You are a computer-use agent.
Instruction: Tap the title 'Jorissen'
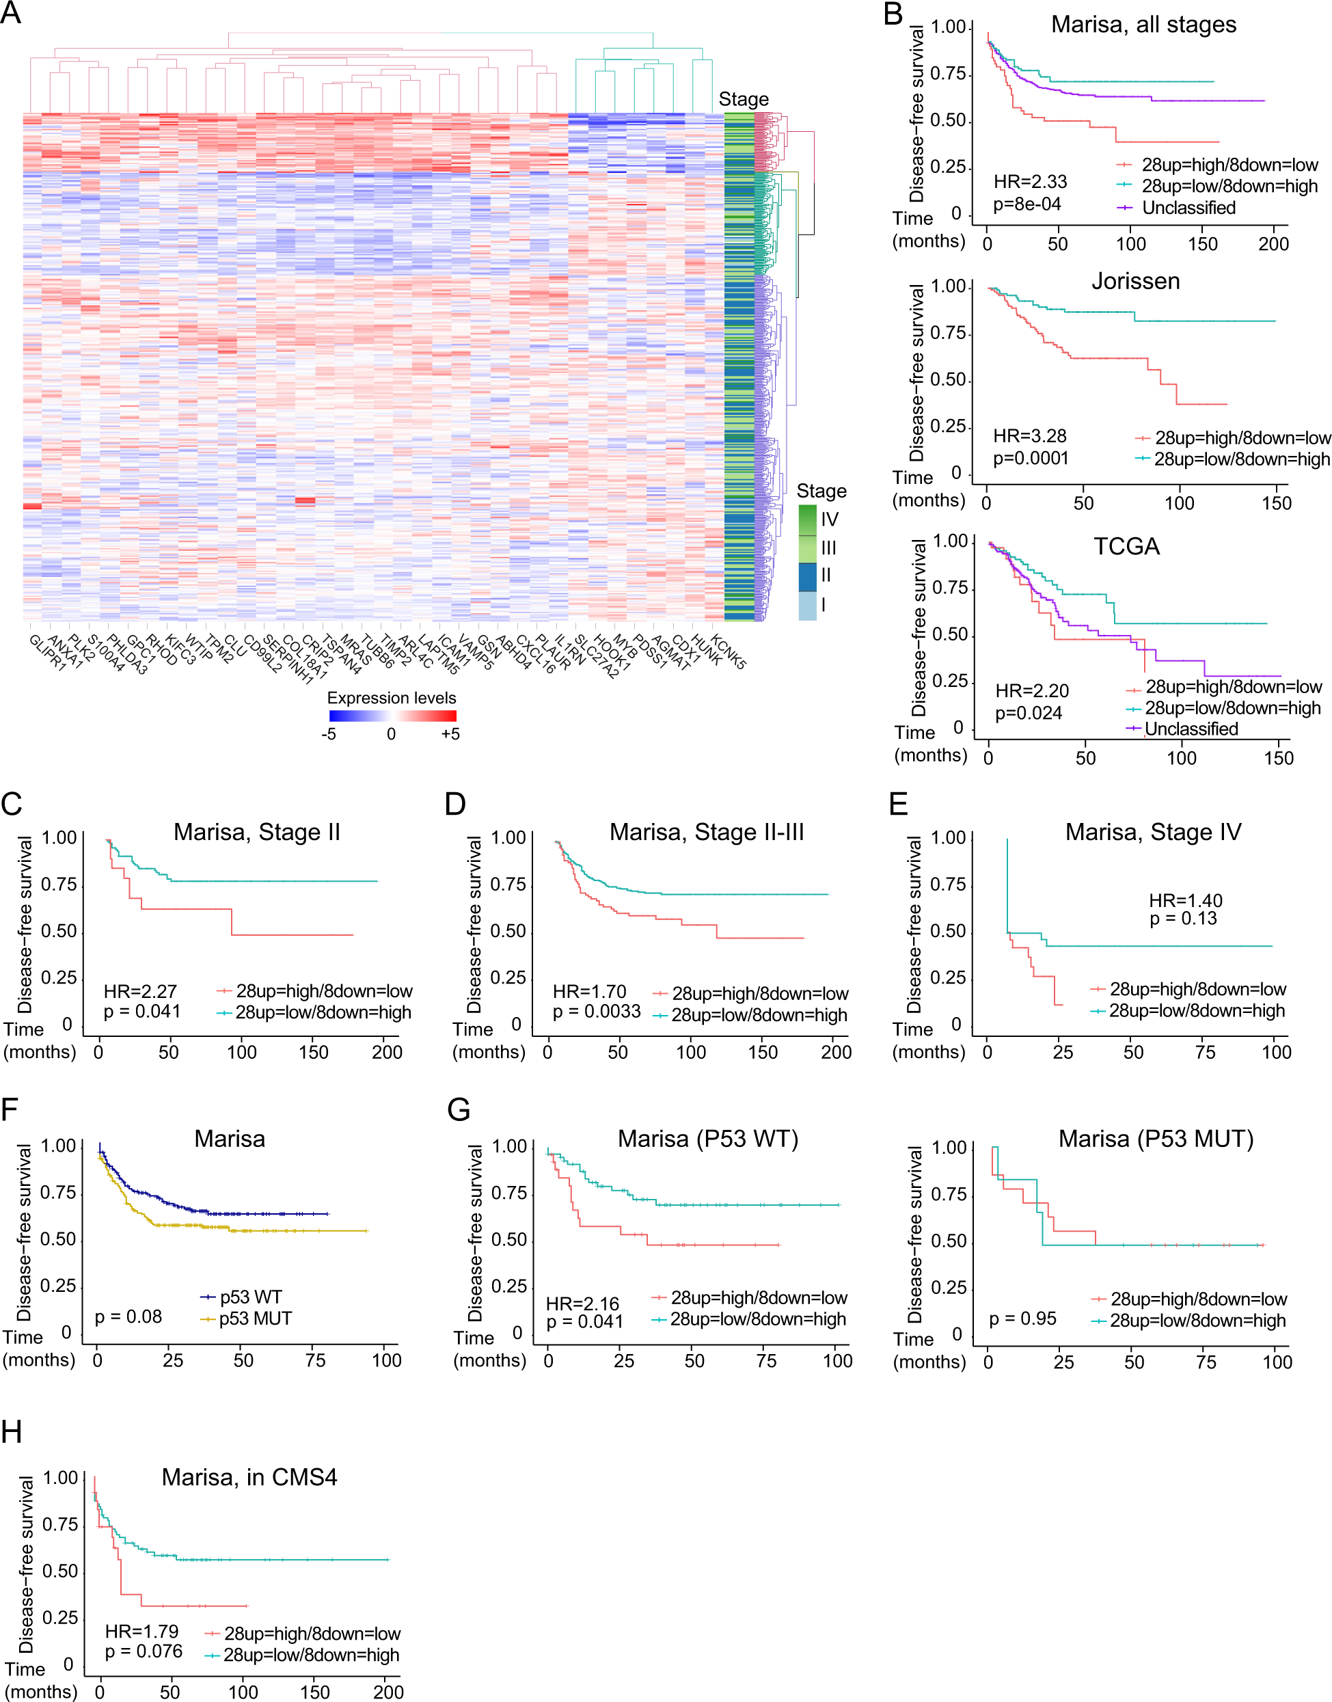[1134, 282]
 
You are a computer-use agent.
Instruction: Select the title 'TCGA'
[1126, 547]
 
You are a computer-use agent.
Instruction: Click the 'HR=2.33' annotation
[1030, 182]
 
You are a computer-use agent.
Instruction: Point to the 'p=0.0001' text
[1030, 458]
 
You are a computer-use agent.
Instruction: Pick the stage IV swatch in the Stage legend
[807, 519]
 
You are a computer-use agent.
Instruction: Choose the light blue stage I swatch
[807, 606]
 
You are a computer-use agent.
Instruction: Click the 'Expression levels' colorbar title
[392, 697]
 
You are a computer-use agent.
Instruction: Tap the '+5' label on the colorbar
[450, 734]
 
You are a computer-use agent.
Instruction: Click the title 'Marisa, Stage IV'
[1153, 833]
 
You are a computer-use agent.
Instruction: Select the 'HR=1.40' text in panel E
[1185, 900]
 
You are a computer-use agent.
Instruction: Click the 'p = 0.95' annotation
[1022, 1319]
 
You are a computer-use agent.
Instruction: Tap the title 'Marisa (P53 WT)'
[707, 1139]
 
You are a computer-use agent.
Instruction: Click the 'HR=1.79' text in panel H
[142, 1631]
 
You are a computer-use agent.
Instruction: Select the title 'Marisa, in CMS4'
[249, 1477]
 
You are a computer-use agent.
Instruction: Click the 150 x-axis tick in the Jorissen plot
[1276, 503]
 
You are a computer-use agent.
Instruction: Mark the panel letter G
[459, 1109]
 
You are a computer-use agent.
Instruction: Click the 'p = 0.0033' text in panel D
[597, 1012]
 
